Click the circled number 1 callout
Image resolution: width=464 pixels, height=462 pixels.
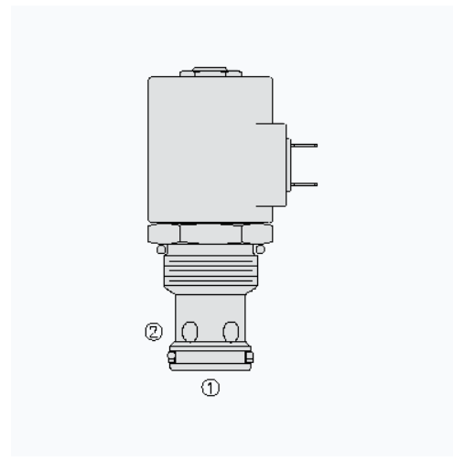pos(210,388)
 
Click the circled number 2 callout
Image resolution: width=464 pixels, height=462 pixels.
pos(154,332)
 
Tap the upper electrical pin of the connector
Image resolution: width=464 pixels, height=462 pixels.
pos(305,146)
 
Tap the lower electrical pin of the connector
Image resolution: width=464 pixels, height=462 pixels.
pos(305,184)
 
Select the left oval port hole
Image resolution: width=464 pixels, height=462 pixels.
pos(189,332)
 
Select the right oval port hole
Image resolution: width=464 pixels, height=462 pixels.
pos(231,332)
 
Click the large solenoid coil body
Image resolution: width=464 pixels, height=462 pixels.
pos(210,149)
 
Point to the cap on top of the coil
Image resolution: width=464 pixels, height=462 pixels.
pos(210,72)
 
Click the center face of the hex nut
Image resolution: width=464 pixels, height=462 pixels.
pos(210,234)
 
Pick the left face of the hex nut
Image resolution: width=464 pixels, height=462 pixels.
pos(164,234)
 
